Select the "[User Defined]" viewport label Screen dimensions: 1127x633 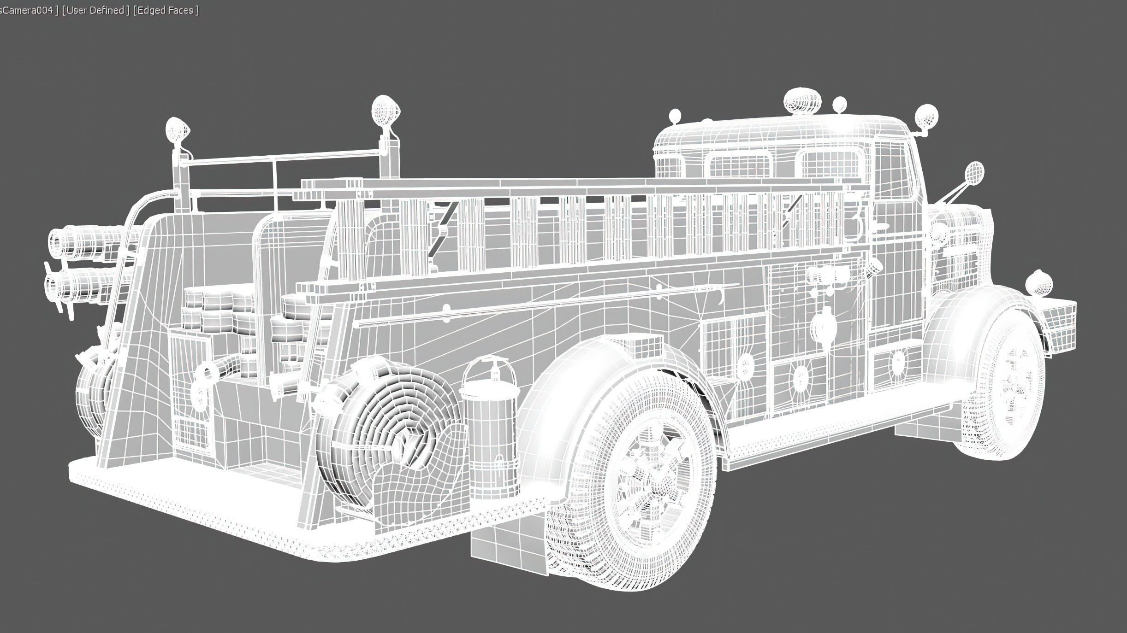tap(95, 10)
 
